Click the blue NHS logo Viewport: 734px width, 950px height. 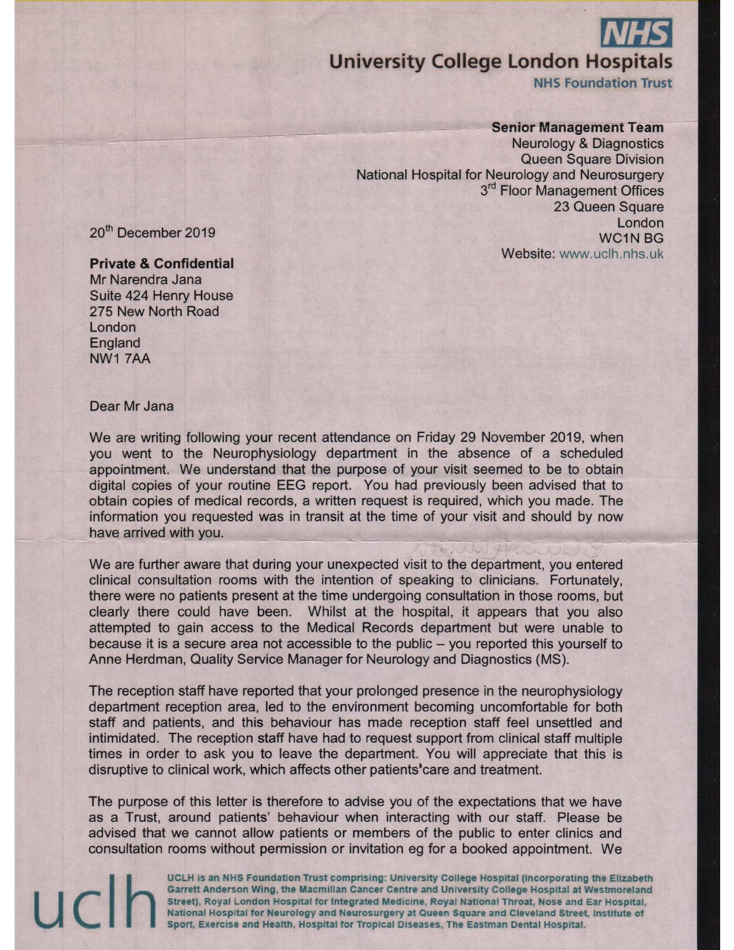coord(636,33)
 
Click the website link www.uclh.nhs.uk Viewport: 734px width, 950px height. coord(611,254)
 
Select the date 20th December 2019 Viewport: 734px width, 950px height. coord(153,233)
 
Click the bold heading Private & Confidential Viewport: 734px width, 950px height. coord(162,264)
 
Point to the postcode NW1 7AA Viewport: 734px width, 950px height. coord(120,359)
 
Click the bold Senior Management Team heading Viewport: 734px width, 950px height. coord(577,127)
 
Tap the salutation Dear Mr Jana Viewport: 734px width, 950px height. coord(131,406)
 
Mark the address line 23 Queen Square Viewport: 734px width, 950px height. coord(609,206)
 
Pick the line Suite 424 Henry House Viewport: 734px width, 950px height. coord(161,295)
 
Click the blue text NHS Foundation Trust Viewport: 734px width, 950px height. coord(603,83)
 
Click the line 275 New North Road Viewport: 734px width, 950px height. coord(154,311)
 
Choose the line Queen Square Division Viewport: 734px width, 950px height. coord(592,159)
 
